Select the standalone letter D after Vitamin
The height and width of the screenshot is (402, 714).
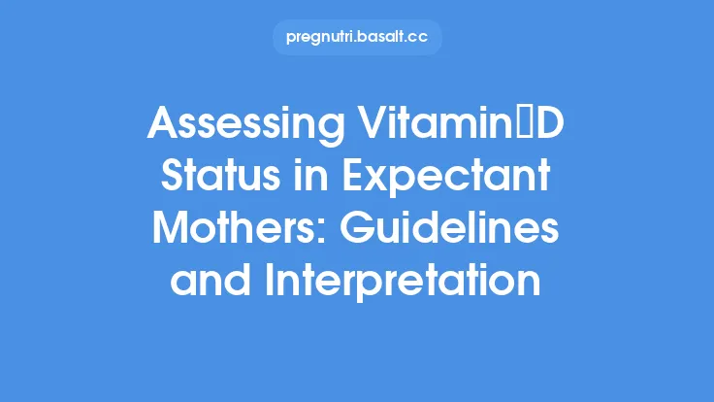[x=554, y=126]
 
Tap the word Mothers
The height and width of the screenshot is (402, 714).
[x=239, y=229]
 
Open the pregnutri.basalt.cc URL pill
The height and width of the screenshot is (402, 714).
[x=357, y=38]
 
